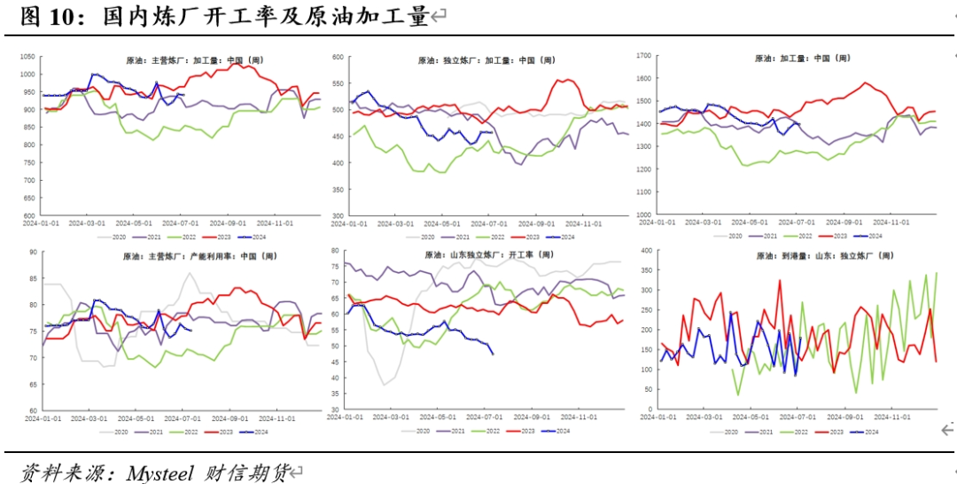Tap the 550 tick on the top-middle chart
point(336,83)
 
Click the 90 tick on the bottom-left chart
point(32,252)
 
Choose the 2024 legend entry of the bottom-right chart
point(870,432)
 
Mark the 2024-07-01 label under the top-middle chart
point(486,224)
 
